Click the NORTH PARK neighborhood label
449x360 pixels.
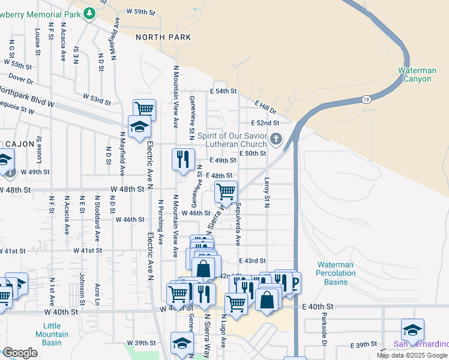point(163,37)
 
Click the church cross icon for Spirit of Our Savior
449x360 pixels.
point(276,139)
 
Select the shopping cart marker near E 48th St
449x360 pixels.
point(226,192)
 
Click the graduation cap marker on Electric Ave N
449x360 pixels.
point(139,127)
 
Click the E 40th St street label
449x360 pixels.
point(318,307)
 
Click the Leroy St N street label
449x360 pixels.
point(266,193)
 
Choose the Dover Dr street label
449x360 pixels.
point(20,79)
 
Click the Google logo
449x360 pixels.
point(20,353)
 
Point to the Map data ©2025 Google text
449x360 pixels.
point(412,355)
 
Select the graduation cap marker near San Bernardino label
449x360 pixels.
point(412,329)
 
